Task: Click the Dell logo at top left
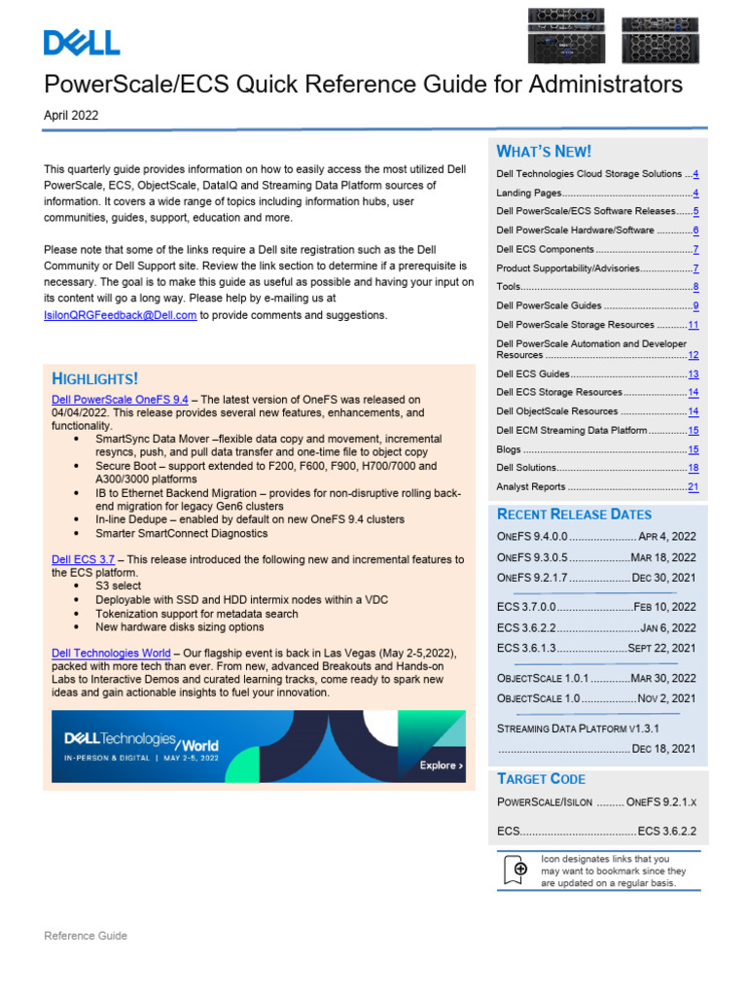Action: point(82,42)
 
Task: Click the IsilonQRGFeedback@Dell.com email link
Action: point(121,315)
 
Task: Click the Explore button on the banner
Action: point(441,765)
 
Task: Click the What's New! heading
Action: point(544,151)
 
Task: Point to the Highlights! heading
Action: point(94,378)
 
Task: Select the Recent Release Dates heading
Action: point(574,514)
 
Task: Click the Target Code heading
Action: point(541,778)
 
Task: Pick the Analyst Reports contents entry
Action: point(531,486)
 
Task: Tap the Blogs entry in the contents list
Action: point(509,450)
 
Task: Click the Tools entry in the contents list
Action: point(509,287)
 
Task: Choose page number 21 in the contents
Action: point(693,486)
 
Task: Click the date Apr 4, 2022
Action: point(667,536)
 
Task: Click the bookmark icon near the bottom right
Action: point(520,870)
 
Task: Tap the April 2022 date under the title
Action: point(71,116)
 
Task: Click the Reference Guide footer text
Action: point(86,936)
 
